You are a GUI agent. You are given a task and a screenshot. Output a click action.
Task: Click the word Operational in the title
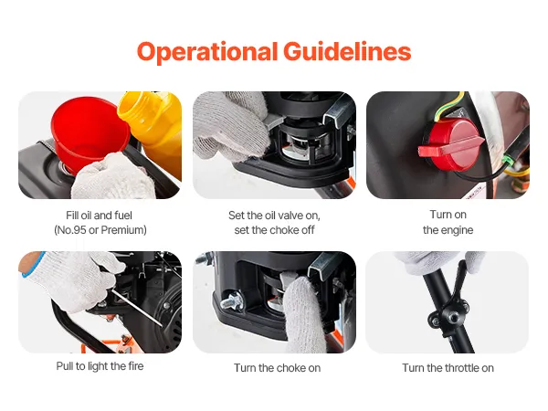207,52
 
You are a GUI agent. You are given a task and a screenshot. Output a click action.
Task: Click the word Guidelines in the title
347,51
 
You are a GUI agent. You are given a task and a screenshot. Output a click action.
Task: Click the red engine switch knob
452,144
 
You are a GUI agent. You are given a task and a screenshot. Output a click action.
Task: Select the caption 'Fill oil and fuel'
99,216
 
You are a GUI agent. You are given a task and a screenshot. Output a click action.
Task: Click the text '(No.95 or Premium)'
100,230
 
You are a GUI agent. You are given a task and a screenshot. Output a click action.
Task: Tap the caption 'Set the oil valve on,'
274,216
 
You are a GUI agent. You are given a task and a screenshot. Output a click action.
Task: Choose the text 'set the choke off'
274,230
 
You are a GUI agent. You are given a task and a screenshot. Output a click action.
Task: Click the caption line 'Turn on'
448,215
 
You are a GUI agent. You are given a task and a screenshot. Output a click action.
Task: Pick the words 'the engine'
448,230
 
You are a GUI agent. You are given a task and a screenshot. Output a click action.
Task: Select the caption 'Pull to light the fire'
100,366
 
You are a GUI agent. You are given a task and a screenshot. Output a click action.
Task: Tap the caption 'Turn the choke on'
277,368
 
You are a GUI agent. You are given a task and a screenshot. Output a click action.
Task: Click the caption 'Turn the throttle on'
448,368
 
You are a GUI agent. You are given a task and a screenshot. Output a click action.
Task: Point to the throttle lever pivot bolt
453,317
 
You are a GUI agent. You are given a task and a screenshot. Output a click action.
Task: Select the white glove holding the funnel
111,176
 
